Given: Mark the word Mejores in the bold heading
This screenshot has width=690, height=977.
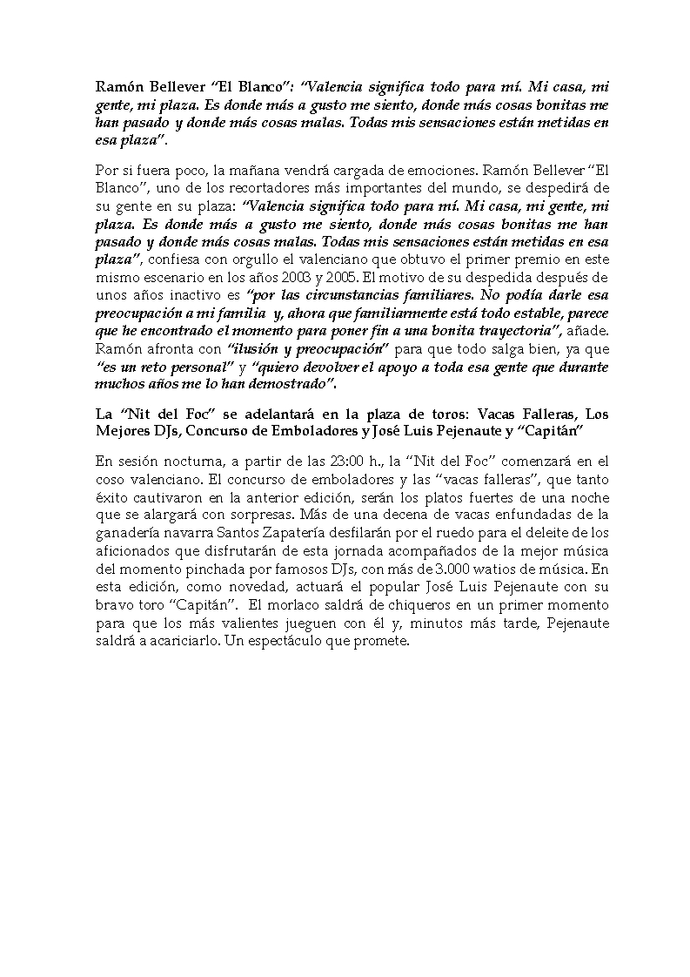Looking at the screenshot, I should click(124, 433).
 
